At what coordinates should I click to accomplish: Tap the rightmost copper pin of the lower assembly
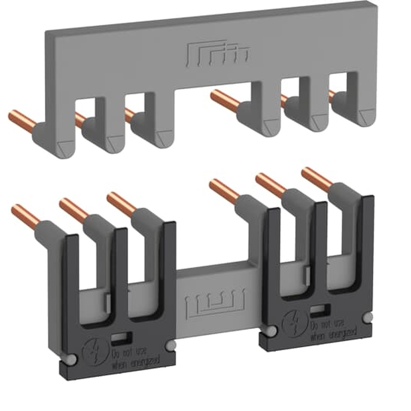point(316,180)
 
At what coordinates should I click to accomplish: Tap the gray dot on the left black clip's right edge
point(169,346)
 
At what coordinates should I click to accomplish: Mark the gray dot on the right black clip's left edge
point(270,331)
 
